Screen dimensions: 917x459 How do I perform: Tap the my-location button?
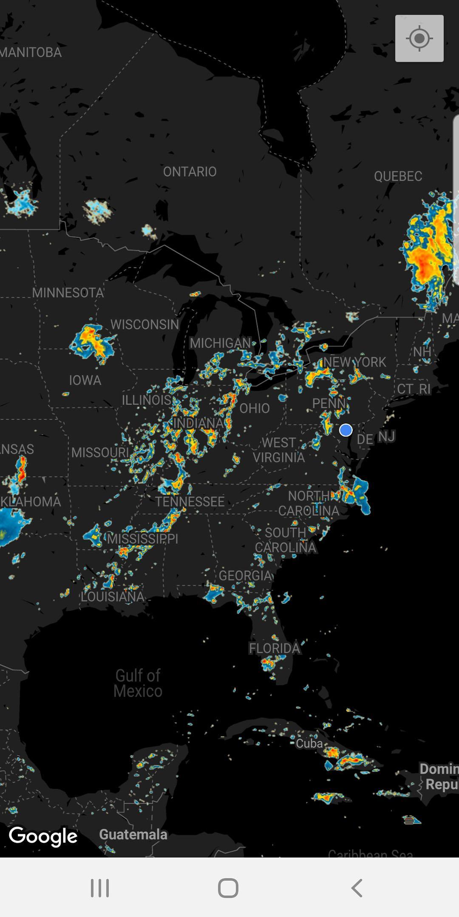click(x=419, y=39)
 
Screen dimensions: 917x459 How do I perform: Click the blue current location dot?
click(x=346, y=430)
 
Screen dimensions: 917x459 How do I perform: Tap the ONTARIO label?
click(x=190, y=172)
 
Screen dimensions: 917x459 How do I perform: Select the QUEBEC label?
click(x=398, y=176)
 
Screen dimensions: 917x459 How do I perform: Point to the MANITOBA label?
click(x=31, y=53)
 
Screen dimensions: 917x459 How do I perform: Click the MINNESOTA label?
click(x=68, y=293)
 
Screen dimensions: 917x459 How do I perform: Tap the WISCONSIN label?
click(x=144, y=324)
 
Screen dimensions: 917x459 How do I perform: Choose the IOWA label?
click(x=85, y=380)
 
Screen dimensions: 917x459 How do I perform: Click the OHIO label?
click(x=255, y=408)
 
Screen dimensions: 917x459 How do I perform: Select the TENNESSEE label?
click(x=190, y=502)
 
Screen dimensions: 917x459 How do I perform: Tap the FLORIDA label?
click(x=275, y=648)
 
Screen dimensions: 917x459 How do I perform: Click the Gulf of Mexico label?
click(x=138, y=683)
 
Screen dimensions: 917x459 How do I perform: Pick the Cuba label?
click(x=309, y=743)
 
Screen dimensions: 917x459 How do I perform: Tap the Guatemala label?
click(x=133, y=834)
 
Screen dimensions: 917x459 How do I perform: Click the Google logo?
click(x=43, y=836)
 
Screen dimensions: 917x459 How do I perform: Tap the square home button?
click(x=228, y=888)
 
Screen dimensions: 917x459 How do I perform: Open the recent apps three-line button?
click(x=100, y=888)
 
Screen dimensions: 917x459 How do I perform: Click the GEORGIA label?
click(x=245, y=575)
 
